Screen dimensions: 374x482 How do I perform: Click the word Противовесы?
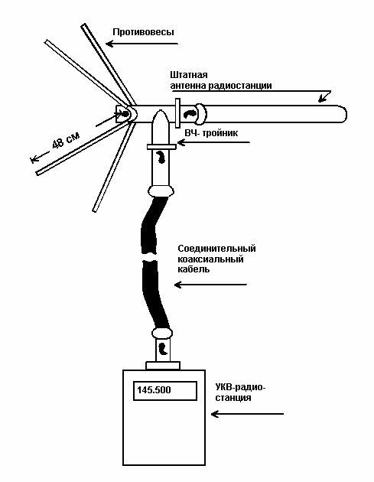pyautogui.click(x=143, y=33)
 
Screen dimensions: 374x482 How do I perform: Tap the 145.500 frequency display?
pyautogui.click(x=165, y=391)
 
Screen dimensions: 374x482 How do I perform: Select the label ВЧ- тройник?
pyautogui.click(x=211, y=133)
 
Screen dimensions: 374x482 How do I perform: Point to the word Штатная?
pyautogui.click(x=189, y=75)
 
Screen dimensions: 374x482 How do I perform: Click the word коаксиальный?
pyautogui.click(x=211, y=259)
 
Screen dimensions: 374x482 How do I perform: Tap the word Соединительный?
pyautogui.click(x=217, y=248)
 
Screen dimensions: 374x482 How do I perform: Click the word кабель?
pyautogui.click(x=194, y=269)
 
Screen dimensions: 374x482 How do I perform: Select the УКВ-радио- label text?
pyautogui.click(x=240, y=387)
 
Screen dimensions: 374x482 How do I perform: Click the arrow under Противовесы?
pyautogui.click(x=142, y=44)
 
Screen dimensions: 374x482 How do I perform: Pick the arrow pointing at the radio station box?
pyautogui.click(x=247, y=414)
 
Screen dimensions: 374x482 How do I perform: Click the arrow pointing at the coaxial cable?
pyautogui.click(x=210, y=285)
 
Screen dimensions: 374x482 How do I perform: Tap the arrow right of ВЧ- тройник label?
pyautogui.click(x=213, y=142)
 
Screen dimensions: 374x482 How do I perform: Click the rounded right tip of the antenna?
pyautogui.click(x=346, y=114)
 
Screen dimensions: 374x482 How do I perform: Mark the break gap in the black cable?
pyautogui.click(x=150, y=256)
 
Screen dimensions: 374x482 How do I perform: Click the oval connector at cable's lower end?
pyautogui.click(x=162, y=333)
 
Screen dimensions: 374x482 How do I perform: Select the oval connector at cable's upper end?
pyautogui.click(x=161, y=191)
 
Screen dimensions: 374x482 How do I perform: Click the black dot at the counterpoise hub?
pyautogui.click(x=125, y=114)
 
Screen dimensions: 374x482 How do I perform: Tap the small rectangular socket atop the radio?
pyautogui.click(x=163, y=366)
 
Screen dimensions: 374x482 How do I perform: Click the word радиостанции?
pyautogui.click(x=240, y=86)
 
